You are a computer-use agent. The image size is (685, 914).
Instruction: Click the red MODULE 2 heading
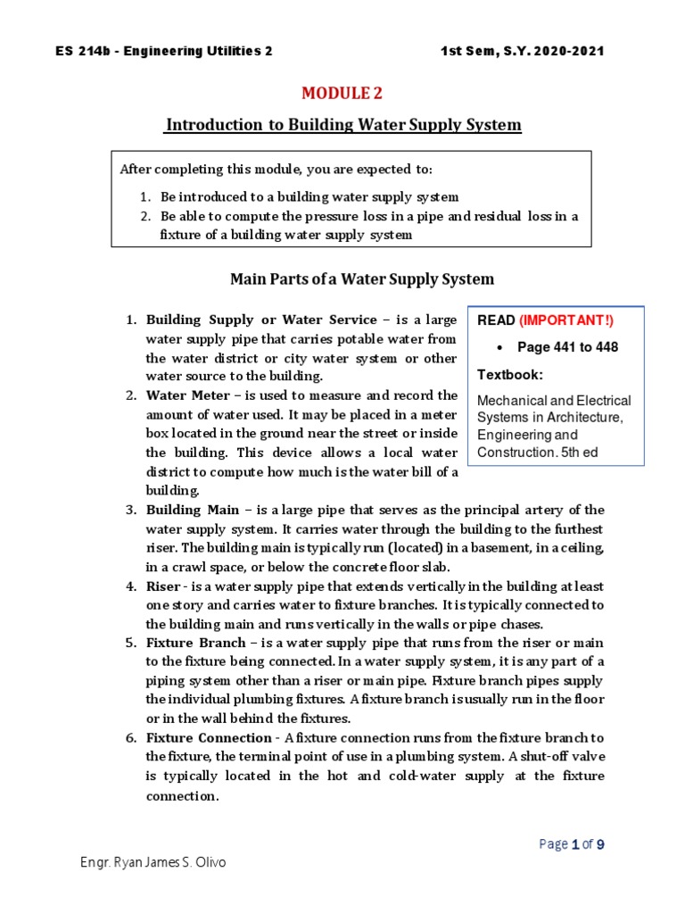(x=342, y=93)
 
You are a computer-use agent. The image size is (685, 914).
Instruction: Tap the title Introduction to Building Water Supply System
(x=342, y=125)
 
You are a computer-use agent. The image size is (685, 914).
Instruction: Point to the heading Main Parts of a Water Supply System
(x=361, y=279)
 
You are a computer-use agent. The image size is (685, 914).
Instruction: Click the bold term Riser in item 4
(x=163, y=586)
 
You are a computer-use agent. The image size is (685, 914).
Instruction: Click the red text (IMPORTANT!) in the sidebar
(x=566, y=320)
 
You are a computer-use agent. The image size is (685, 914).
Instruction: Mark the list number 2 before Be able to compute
(x=145, y=216)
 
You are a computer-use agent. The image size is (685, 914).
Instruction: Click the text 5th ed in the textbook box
(x=575, y=452)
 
